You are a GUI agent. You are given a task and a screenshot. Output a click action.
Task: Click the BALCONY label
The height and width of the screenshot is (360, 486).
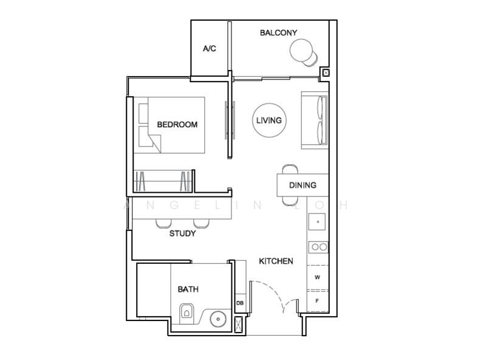(278, 33)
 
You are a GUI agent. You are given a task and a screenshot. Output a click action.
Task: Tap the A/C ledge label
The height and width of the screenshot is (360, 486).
(209, 49)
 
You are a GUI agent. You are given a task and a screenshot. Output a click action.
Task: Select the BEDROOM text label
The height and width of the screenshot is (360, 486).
(177, 125)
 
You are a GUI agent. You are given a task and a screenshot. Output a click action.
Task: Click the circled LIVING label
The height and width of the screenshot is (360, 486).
(269, 120)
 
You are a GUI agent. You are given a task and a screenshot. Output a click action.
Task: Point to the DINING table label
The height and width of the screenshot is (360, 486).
(302, 185)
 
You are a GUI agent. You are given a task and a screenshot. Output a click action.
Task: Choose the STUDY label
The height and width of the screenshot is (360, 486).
(182, 234)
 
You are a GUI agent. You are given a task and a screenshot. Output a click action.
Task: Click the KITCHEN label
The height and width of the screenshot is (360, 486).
(276, 261)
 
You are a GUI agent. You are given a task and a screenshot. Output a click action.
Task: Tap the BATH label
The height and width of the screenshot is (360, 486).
(188, 289)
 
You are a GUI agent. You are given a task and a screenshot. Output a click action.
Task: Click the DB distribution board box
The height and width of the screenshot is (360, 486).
(240, 303)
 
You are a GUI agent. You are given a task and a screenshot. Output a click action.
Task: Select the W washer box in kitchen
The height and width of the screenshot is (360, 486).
(317, 277)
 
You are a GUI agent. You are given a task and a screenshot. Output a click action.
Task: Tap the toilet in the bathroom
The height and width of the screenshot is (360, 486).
(188, 311)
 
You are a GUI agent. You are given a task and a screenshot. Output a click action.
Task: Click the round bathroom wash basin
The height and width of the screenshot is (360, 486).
(218, 318)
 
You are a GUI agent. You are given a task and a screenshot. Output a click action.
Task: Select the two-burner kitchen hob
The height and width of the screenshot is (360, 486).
(318, 247)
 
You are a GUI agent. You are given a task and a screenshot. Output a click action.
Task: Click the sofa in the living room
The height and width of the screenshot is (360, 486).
(315, 120)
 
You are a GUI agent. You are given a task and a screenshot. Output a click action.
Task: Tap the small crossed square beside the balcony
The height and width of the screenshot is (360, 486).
(326, 73)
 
